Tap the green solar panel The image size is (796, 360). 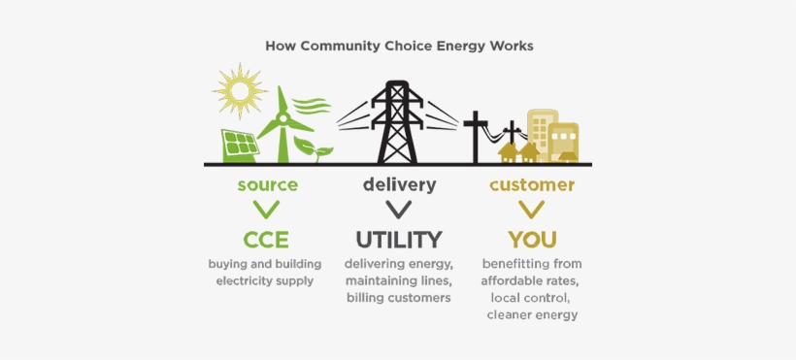click(240, 147)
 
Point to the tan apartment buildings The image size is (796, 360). click(552, 135)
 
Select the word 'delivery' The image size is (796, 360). click(399, 184)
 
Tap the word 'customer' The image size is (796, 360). click(531, 184)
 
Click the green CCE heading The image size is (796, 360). click(266, 239)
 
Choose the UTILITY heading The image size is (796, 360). click(398, 239)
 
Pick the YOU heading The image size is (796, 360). click(532, 239)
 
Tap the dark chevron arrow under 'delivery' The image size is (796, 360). click(398, 209)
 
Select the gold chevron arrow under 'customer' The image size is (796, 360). click(531, 209)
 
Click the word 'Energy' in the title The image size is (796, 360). click(461, 46)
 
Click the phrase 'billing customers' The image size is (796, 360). click(399, 298)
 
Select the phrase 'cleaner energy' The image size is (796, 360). click(531, 315)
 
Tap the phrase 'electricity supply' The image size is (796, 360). click(265, 280)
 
